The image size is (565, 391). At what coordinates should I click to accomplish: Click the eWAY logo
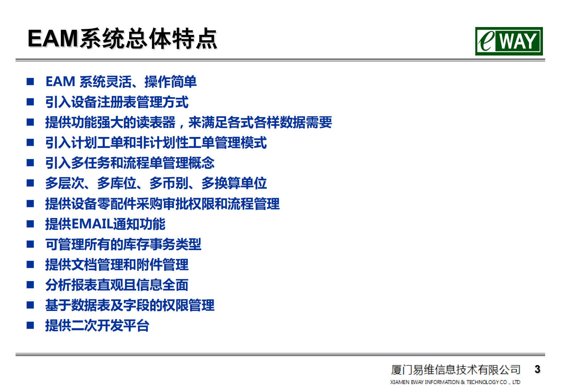click(x=508, y=41)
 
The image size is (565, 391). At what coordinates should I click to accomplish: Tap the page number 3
click(x=537, y=369)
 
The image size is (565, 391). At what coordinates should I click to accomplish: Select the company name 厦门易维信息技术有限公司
click(x=455, y=370)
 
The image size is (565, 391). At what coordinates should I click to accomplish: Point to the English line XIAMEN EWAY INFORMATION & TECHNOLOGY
click(x=455, y=382)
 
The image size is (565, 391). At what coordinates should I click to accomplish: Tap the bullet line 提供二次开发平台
click(x=97, y=326)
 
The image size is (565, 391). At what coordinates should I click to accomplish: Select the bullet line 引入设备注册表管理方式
click(x=117, y=102)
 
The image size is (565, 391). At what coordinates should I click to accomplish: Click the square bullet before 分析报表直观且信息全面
click(x=30, y=285)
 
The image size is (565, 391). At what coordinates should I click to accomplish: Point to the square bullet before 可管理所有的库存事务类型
click(x=30, y=244)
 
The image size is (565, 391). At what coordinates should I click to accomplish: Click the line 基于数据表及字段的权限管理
click(x=130, y=305)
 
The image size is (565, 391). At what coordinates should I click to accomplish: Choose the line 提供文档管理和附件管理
click(x=117, y=265)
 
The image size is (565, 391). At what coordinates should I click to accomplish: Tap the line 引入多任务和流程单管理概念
click(x=130, y=163)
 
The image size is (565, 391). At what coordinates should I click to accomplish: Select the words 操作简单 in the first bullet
click(x=171, y=82)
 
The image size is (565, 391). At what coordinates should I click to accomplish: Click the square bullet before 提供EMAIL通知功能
click(x=30, y=224)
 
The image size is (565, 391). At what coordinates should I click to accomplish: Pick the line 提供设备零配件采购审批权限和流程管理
click(x=162, y=204)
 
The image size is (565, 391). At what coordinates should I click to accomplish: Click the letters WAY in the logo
click(x=518, y=41)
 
